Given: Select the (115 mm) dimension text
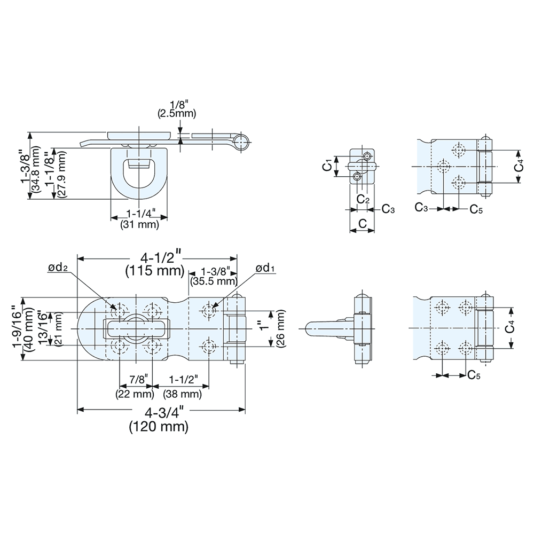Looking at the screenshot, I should tap(155, 271).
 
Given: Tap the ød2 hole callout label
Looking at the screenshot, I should tap(58, 269).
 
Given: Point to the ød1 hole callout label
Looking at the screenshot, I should tap(265, 268).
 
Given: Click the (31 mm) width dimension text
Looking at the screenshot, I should tap(140, 225).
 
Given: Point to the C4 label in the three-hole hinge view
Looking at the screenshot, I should tap(519, 167).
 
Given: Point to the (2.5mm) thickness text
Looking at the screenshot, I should tap(177, 113).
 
